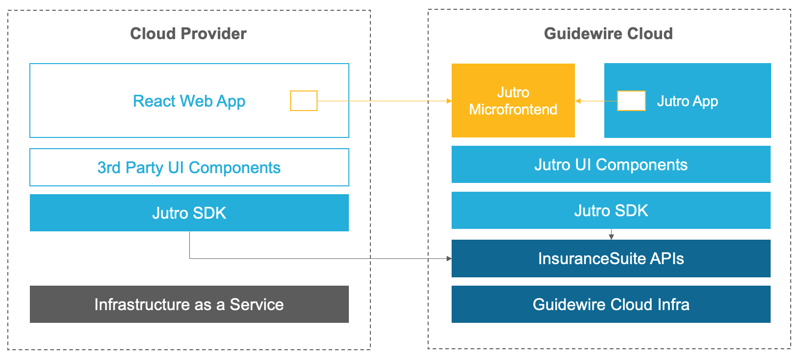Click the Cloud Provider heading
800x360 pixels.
[x=188, y=34]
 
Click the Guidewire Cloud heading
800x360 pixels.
[x=608, y=34]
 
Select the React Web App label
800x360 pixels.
[x=189, y=101]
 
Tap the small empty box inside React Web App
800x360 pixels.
[x=303, y=101]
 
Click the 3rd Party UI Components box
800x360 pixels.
[x=189, y=167]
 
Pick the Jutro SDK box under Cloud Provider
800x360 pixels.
[x=189, y=213]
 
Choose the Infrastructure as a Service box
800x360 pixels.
[x=189, y=304]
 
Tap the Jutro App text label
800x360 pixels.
[x=687, y=101]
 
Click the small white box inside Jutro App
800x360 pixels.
[x=631, y=101]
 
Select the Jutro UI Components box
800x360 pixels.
[x=611, y=165]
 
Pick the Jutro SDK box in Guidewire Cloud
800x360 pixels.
[x=611, y=211]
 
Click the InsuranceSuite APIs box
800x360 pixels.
[x=611, y=258]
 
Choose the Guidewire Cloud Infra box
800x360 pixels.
[x=611, y=304]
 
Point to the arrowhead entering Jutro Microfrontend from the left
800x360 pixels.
[x=449, y=101]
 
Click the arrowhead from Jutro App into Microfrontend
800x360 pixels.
[x=578, y=101]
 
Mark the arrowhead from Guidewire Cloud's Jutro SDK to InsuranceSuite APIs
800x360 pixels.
[x=611, y=237]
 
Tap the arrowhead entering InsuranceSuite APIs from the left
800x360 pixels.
[x=449, y=258]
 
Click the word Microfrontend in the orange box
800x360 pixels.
[x=513, y=110]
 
